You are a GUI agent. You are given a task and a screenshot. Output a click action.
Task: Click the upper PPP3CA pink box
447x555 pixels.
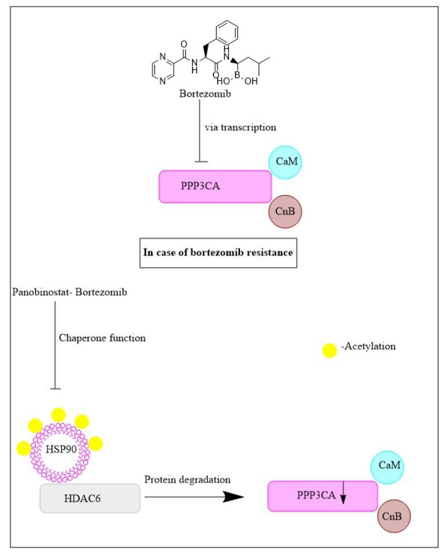(x=215, y=186)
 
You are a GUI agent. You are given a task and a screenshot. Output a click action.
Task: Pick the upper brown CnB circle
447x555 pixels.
(x=286, y=212)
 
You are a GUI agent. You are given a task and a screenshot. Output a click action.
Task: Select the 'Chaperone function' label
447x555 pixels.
(x=102, y=338)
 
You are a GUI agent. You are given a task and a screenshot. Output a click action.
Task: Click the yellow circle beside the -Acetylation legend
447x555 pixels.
(x=329, y=350)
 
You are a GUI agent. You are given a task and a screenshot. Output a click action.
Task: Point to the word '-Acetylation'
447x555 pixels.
(x=367, y=346)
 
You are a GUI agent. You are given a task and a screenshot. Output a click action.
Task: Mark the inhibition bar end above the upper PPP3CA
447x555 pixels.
(x=200, y=162)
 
